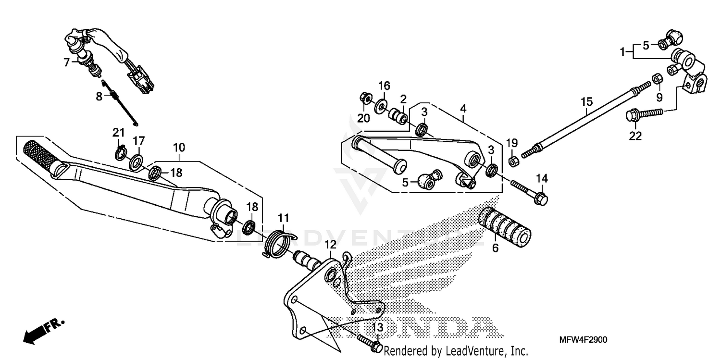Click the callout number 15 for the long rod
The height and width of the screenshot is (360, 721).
[x=586, y=102]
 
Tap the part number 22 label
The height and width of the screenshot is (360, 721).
[x=635, y=136]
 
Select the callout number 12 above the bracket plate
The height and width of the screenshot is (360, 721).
[x=330, y=245]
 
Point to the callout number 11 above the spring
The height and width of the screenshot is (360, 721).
[x=283, y=218]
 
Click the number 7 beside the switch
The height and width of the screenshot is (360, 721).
[x=67, y=62]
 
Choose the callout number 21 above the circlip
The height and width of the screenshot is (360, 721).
[x=118, y=132]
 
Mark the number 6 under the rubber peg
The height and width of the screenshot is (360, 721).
[x=495, y=248]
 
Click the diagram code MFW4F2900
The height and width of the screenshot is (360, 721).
[x=583, y=340]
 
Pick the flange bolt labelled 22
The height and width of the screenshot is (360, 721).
[x=644, y=114]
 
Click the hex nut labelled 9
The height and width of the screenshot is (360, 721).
[x=657, y=78]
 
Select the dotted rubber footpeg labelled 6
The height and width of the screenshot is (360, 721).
[x=504, y=227]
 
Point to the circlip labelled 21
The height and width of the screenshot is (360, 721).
[x=121, y=153]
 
